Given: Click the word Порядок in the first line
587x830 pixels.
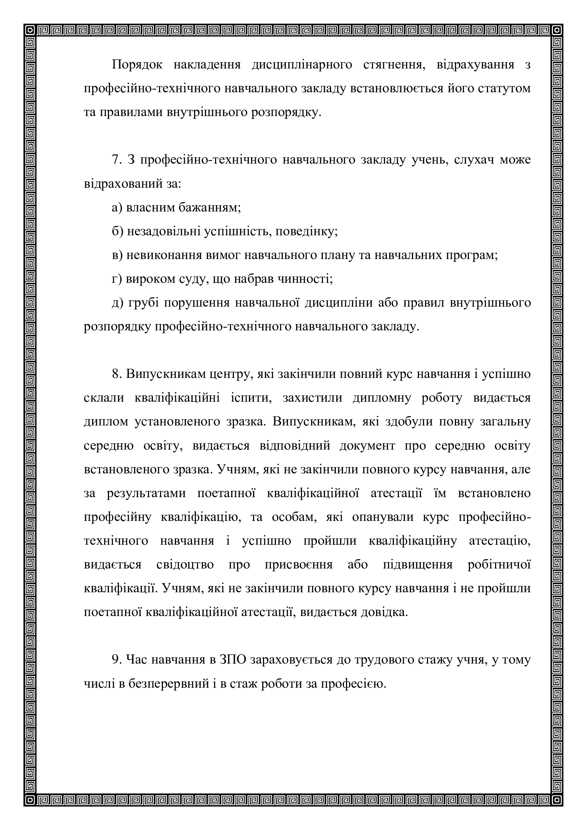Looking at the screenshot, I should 137,65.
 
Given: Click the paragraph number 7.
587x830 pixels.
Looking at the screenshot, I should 116,160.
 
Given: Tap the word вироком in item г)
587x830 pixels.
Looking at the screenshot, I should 149,279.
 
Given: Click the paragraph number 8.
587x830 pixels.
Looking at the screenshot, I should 116,374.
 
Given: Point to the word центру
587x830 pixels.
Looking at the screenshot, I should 231,374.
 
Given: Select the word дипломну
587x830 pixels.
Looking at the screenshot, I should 382,398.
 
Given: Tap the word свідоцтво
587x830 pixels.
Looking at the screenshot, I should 185,565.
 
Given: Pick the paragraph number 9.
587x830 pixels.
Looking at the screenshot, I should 116,660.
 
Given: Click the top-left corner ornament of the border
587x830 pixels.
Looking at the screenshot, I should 31,31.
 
